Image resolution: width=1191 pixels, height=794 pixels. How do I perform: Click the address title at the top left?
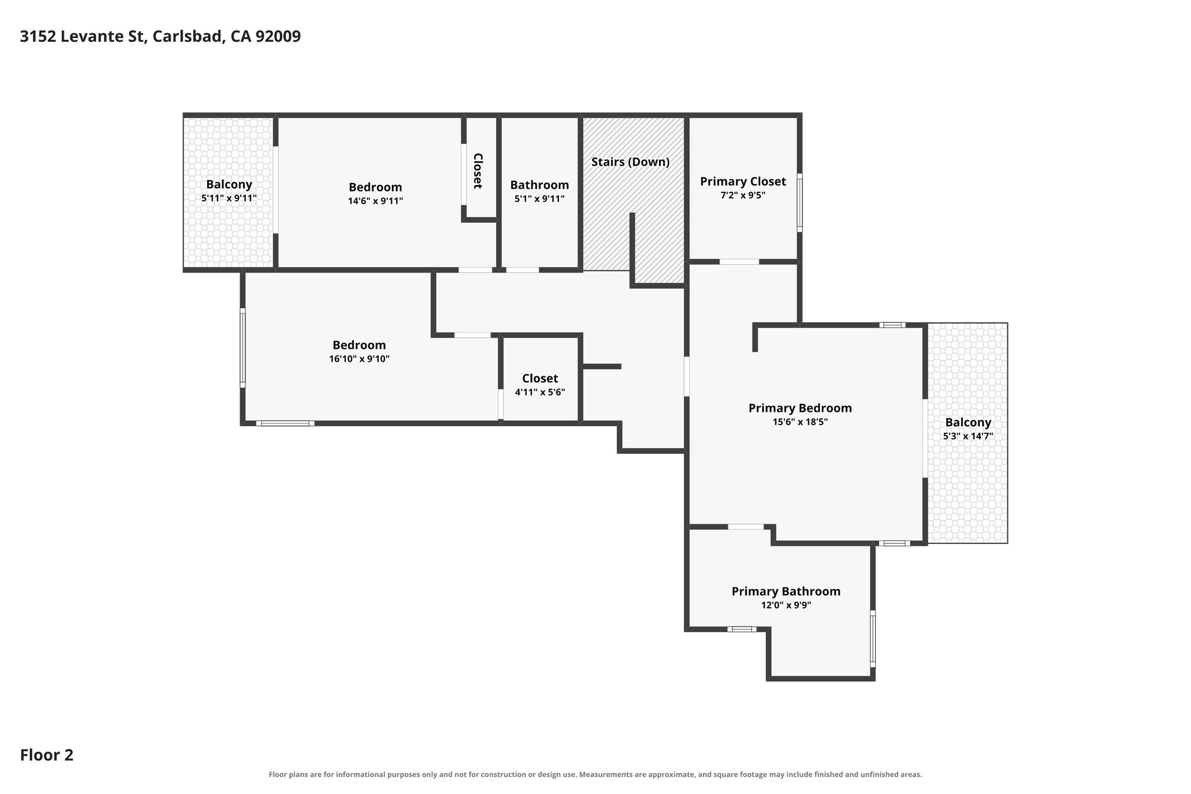pyautogui.click(x=161, y=37)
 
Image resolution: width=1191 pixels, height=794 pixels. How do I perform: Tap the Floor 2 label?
pyautogui.click(x=47, y=755)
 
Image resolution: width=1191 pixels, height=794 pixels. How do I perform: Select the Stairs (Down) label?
pyautogui.click(x=630, y=162)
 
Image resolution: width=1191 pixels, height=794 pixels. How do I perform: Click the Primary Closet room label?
pyautogui.click(x=743, y=181)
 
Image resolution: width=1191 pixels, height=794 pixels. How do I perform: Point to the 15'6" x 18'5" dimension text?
pyautogui.click(x=800, y=422)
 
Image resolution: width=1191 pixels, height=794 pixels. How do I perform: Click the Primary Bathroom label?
pyautogui.click(x=786, y=592)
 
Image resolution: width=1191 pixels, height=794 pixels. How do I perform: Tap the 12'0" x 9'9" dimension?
pyautogui.click(x=786, y=606)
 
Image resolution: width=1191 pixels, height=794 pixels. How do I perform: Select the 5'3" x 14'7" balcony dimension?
pyautogui.click(x=968, y=436)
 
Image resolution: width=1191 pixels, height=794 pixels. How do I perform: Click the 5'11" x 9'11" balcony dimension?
pyautogui.click(x=229, y=198)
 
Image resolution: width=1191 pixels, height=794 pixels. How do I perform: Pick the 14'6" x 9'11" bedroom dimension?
pyautogui.click(x=375, y=201)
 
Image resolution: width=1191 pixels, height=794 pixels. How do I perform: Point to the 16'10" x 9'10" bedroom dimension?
pyautogui.click(x=359, y=359)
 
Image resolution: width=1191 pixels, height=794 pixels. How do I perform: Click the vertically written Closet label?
pyautogui.click(x=477, y=170)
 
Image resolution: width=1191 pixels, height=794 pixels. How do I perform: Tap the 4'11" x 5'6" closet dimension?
pyautogui.click(x=540, y=393)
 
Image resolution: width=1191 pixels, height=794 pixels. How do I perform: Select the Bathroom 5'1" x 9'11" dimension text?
pyautogui.click(x=539, y=199)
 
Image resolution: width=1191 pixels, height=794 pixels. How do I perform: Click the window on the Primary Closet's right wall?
pyautogui.click(x=800, y=202)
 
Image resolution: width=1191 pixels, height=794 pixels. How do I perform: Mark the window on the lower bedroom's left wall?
pyautogui.click(x=243, y=348)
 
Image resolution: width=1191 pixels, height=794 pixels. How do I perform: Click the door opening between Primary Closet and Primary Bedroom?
pyautogui.click(x=739, y=262)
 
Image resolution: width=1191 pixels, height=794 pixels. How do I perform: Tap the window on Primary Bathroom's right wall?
pyautogui.click(x=872, y=638)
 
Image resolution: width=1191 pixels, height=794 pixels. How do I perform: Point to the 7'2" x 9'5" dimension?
pyautogui.click(x=743, y=195)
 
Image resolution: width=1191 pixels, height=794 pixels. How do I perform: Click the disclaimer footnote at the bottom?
pyautogui.click(x=595, y=774)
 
